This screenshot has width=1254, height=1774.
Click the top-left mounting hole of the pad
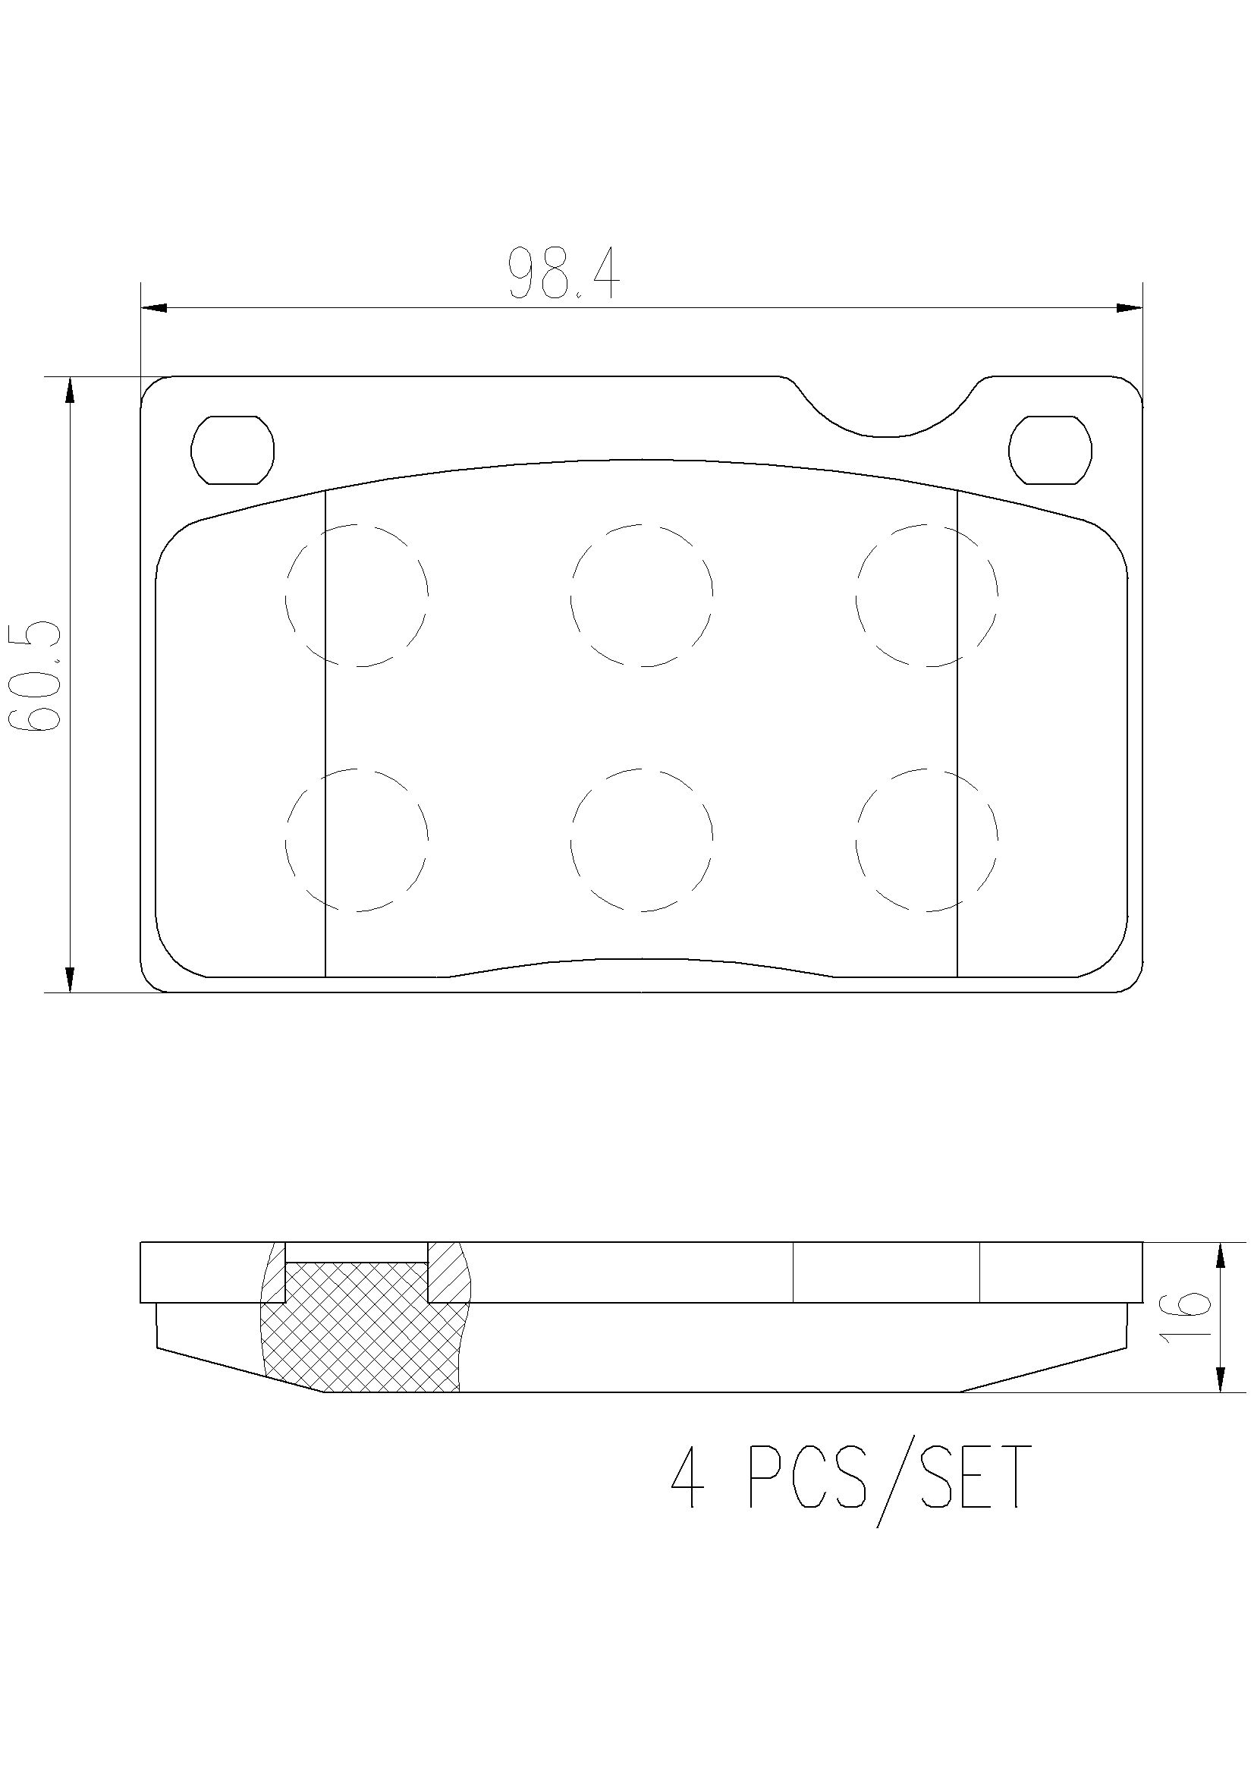pos(233,450)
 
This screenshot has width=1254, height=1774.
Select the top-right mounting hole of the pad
pos(1051,450)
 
